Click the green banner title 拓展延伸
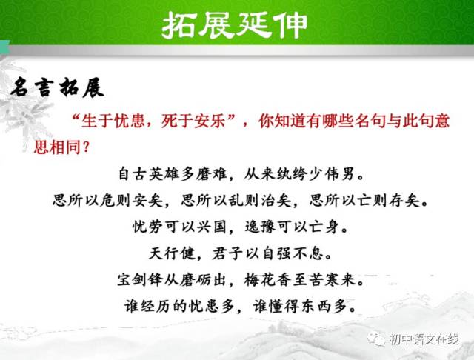234,25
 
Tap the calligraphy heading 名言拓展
58,87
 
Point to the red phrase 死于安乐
193,121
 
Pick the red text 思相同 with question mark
62,147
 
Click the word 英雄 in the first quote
164,174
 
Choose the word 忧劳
147,227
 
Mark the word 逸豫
260,227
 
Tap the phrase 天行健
172,253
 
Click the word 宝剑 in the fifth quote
133,279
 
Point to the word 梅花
260,279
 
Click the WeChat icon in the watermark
376,339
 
